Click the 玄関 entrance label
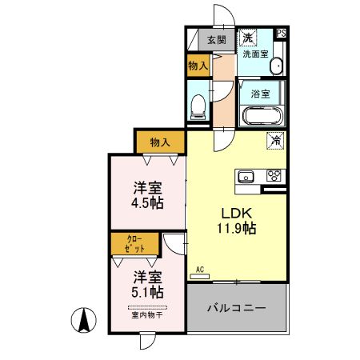click(216, 39)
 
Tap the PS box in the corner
click(281, 34)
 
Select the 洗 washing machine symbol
click(248, 38)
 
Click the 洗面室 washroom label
click(255, 54)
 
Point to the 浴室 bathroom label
click(260, 93)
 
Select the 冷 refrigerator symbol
click(275, 141)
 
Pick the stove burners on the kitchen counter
click(273, 176)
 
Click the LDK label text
click(237, 214)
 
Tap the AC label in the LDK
click(199, 270)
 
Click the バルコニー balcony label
click(236, 307)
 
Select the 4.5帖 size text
click(147, 203)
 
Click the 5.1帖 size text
click(147, 293)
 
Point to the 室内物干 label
click(146, 315)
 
